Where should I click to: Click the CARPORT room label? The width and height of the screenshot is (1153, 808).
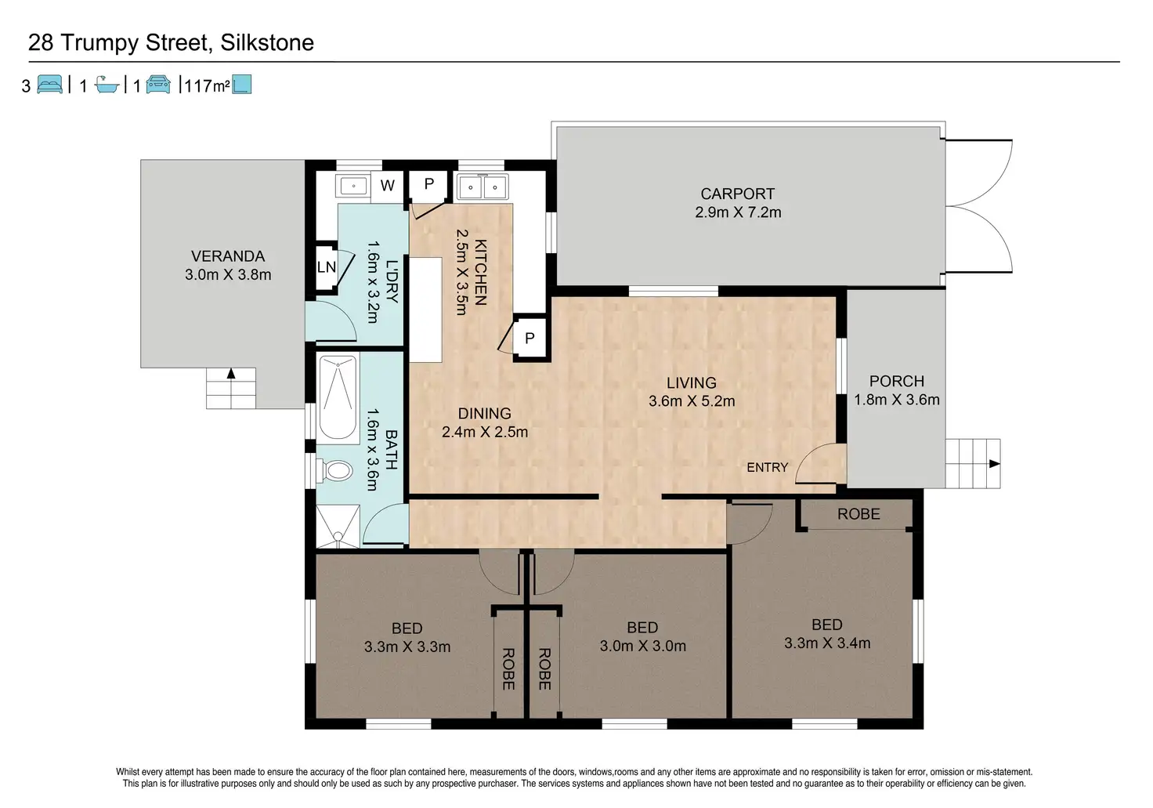[x=737, y=194]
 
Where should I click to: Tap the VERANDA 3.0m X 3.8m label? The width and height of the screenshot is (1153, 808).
[x=228, y=265]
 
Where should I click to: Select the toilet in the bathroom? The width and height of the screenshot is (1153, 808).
[x=335, y=471]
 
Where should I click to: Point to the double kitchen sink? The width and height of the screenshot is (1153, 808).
[x=483, y=187]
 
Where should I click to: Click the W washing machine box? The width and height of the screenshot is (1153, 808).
[x=387, y=186]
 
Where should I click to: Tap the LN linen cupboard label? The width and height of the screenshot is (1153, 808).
[x=327, y=267]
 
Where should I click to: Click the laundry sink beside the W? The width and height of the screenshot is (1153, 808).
[x=352, y=186]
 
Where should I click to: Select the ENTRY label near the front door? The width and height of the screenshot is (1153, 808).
[x=768, y=467]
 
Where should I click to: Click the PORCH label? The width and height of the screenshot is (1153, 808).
[x=897, y=381]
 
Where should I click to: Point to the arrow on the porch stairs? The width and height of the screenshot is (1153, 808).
[x=995, y=463]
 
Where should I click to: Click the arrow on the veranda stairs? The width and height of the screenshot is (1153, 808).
[x=231, y=373]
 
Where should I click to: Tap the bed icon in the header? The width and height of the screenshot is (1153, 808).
[x=50, y=84]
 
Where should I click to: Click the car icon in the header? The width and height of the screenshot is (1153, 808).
[x=158, y=84]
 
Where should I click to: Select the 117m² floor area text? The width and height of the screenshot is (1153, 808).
[x=207, y=85]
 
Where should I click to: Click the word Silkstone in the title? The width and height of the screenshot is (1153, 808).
[x=266, y=42]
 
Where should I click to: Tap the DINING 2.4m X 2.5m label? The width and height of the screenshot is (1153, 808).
[x=485, y=422]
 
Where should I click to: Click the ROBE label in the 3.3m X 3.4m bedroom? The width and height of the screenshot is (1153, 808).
[x=858, y=514]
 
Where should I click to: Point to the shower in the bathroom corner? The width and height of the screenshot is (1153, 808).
[x=338, y=527]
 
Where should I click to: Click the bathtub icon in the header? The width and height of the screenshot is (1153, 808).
[x=107, y=84]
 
